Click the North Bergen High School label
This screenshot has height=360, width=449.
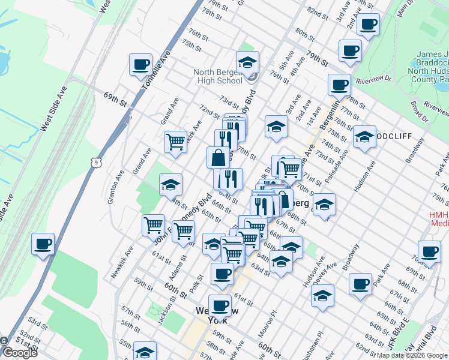click(x=217, y=77)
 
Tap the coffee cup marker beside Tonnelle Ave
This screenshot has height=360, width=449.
click(x=142, y=65)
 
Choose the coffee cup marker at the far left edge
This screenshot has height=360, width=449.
click(x=43, y=244)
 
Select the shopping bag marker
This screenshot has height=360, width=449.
click(x=218, y=158)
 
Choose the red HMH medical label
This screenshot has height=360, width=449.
click(x=439, y=218)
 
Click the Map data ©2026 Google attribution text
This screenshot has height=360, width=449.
click(x=412, y=355)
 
